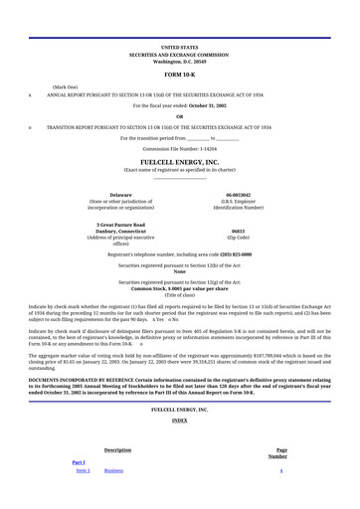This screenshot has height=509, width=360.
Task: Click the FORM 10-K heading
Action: [179, 75]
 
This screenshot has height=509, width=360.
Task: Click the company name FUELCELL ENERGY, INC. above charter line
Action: [179, 161]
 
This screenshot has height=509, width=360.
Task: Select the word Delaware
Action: [121, 195]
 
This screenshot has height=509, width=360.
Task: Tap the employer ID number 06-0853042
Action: [238, 195]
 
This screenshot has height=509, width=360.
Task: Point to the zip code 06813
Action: [238, 231]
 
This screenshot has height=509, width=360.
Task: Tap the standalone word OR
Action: [179, 115]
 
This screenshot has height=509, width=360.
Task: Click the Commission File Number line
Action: [179, 148]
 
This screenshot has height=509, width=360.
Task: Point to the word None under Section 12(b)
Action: [179, 272]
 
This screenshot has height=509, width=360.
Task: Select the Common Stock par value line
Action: [179, 289]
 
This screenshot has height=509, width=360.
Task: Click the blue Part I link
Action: [79, 462]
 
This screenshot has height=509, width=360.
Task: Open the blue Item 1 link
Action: [84, 470]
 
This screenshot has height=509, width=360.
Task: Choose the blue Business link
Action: [113, 470]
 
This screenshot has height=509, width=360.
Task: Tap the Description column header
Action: [117, 450]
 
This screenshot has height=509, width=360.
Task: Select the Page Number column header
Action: [280, 453]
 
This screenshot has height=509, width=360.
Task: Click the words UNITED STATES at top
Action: [179, 47]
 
